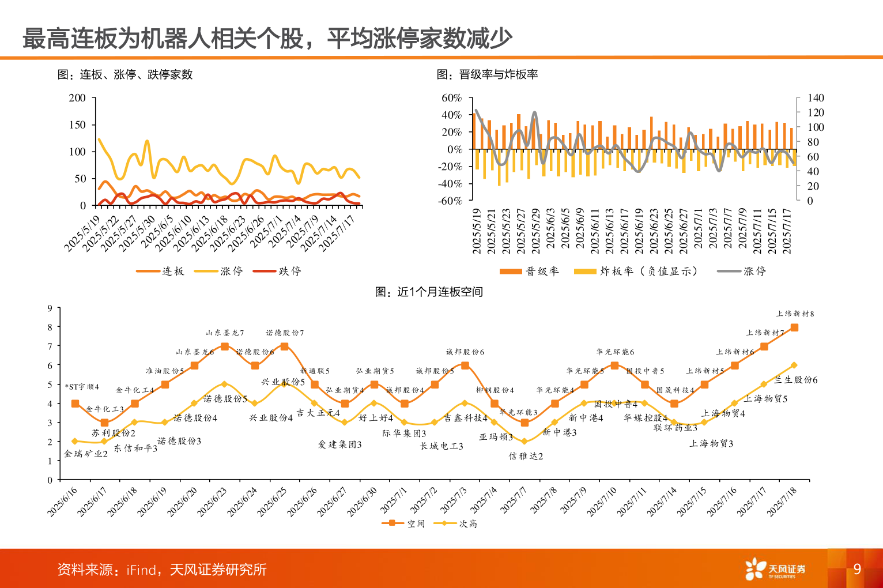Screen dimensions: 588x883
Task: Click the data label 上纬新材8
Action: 795,314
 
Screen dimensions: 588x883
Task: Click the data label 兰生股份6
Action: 795,380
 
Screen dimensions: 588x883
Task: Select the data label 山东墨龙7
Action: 225,333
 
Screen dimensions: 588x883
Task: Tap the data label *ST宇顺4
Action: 82,387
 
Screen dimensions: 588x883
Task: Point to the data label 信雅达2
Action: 526,456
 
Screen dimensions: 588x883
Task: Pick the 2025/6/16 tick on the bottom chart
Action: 62,501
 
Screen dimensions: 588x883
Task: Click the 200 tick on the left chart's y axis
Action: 77,98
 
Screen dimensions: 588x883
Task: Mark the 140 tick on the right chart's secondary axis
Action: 816,98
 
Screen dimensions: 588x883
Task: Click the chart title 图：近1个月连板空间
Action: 429,292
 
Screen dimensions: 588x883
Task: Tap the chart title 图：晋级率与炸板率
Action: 487,74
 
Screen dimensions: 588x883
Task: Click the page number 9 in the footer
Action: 857,569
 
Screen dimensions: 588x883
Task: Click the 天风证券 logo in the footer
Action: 775,569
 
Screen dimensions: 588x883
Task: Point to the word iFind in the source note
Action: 141,570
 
